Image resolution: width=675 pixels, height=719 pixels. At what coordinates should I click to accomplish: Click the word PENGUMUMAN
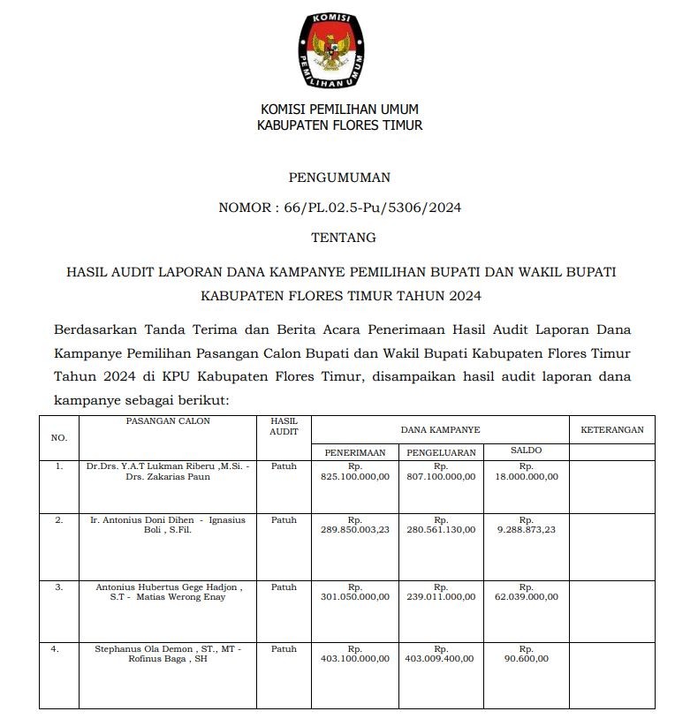pos(339,178)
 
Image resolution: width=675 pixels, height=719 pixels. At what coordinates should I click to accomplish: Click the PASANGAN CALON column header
pos(168,421)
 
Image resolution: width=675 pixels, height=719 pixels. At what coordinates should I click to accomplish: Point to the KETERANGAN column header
pos(612,430)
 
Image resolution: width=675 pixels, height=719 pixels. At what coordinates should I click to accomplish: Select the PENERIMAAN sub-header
pos(355,452)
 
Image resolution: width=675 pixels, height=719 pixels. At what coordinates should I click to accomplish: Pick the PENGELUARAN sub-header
pos(441,452)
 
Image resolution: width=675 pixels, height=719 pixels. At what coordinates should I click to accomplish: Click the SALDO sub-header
pos(527,450)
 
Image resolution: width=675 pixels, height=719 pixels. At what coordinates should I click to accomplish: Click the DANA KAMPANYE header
pos(440,430)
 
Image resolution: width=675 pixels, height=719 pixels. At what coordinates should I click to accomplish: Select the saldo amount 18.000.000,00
pos(527,476)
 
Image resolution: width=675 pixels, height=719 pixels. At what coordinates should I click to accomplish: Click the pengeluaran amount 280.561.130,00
pos(441,531)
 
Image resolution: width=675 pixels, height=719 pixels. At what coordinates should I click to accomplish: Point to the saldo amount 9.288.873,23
pos(527,531)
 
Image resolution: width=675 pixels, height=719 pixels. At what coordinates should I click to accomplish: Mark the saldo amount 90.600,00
pos(527,658)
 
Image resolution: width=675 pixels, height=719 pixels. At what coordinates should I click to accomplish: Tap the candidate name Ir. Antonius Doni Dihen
pos(139,520)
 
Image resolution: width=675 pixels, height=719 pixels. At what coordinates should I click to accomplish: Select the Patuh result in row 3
pos(284,587)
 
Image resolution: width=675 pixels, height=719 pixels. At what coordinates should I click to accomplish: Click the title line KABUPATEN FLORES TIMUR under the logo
pos(339,125)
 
